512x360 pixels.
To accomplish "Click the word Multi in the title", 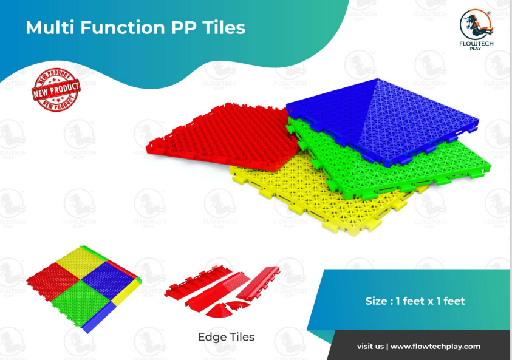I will point(46,28).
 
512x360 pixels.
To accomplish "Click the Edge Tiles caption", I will point(226,336).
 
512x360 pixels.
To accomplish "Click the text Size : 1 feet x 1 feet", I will point(415,301).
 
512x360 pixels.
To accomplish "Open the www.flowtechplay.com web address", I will point(435,347).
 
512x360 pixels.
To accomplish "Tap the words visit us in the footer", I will point(370,347).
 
